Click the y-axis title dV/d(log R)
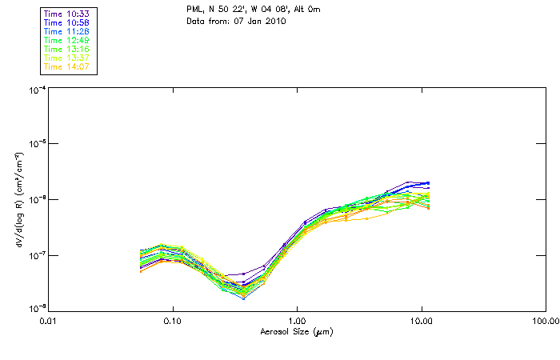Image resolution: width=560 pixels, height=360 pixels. (18, 200)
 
